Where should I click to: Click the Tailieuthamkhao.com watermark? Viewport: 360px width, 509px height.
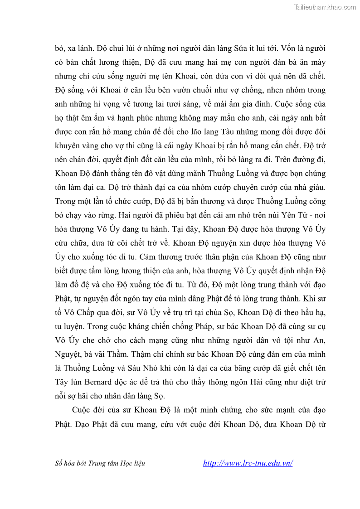tap(325, 7)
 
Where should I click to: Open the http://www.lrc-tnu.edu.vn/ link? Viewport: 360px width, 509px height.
tap(248, 463)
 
